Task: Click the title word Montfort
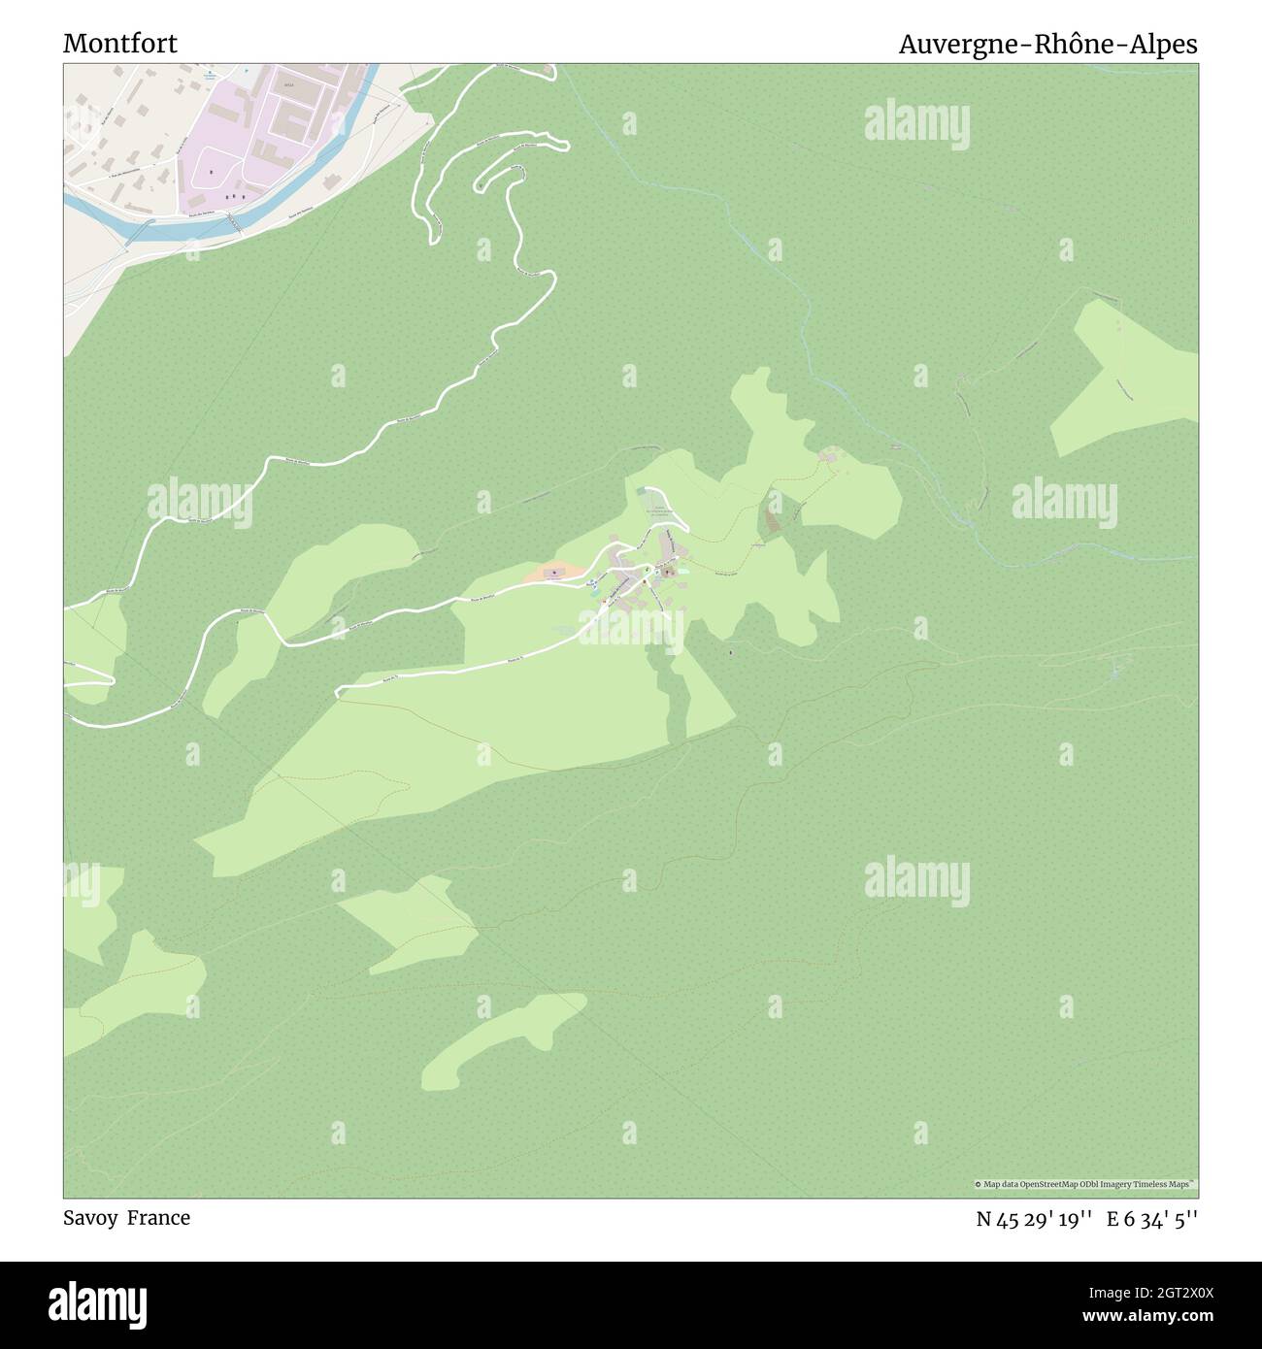[120, 44]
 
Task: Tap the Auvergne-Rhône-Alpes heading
[1047, 44]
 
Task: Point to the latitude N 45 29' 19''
[1035, 1219]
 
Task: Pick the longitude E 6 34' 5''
[1152, 1219]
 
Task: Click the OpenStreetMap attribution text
[1086, 1184]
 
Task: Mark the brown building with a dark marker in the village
[669, 573]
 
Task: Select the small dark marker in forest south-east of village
[730, 651]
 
